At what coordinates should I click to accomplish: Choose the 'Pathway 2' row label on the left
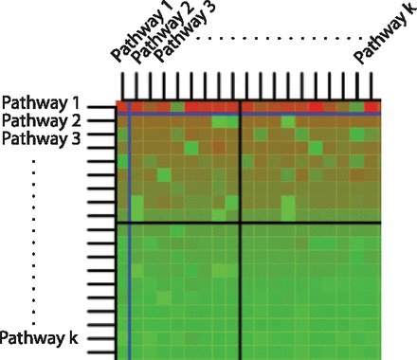(42, 120)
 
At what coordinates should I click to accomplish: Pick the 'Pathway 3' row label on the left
(42, 138)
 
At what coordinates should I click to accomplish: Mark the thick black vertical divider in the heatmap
(241, 284)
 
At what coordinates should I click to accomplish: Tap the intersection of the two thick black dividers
(241, 224)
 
